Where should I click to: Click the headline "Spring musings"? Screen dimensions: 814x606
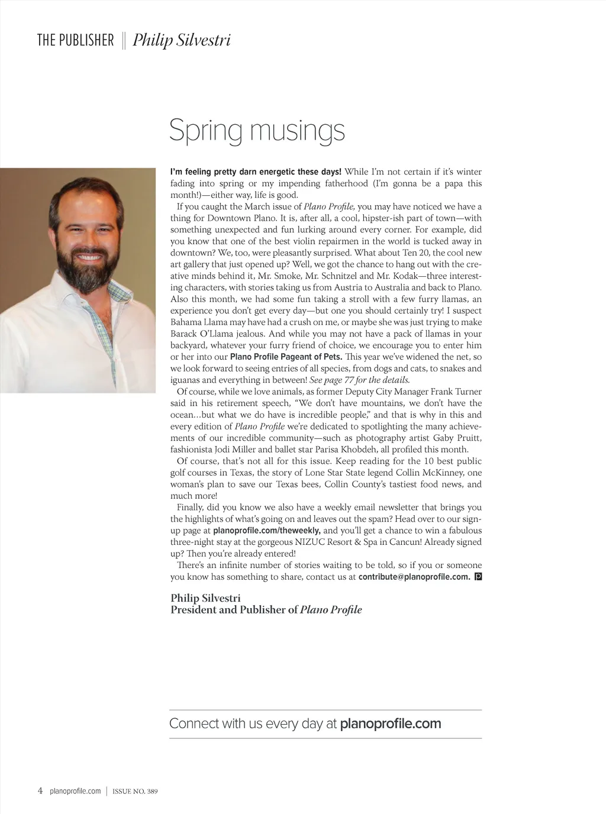(257, 131)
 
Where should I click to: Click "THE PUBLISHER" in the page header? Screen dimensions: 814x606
(75, 41)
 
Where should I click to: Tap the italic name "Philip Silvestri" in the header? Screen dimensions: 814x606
(182, 41)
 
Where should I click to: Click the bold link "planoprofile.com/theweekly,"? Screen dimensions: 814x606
(267, 531)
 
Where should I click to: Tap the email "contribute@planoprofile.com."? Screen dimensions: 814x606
(414, 577)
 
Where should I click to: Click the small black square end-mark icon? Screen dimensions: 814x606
(478, 576)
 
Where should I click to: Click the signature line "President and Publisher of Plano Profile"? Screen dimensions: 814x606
(266, 610)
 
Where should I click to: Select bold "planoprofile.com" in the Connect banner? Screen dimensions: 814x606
(391, 723)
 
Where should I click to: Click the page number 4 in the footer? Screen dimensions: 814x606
(40, 791)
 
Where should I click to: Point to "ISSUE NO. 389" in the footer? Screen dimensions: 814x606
(135, 792)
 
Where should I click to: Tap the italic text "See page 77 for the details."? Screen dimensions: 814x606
(359, 380)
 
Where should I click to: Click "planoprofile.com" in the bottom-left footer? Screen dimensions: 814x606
(76, 792)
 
